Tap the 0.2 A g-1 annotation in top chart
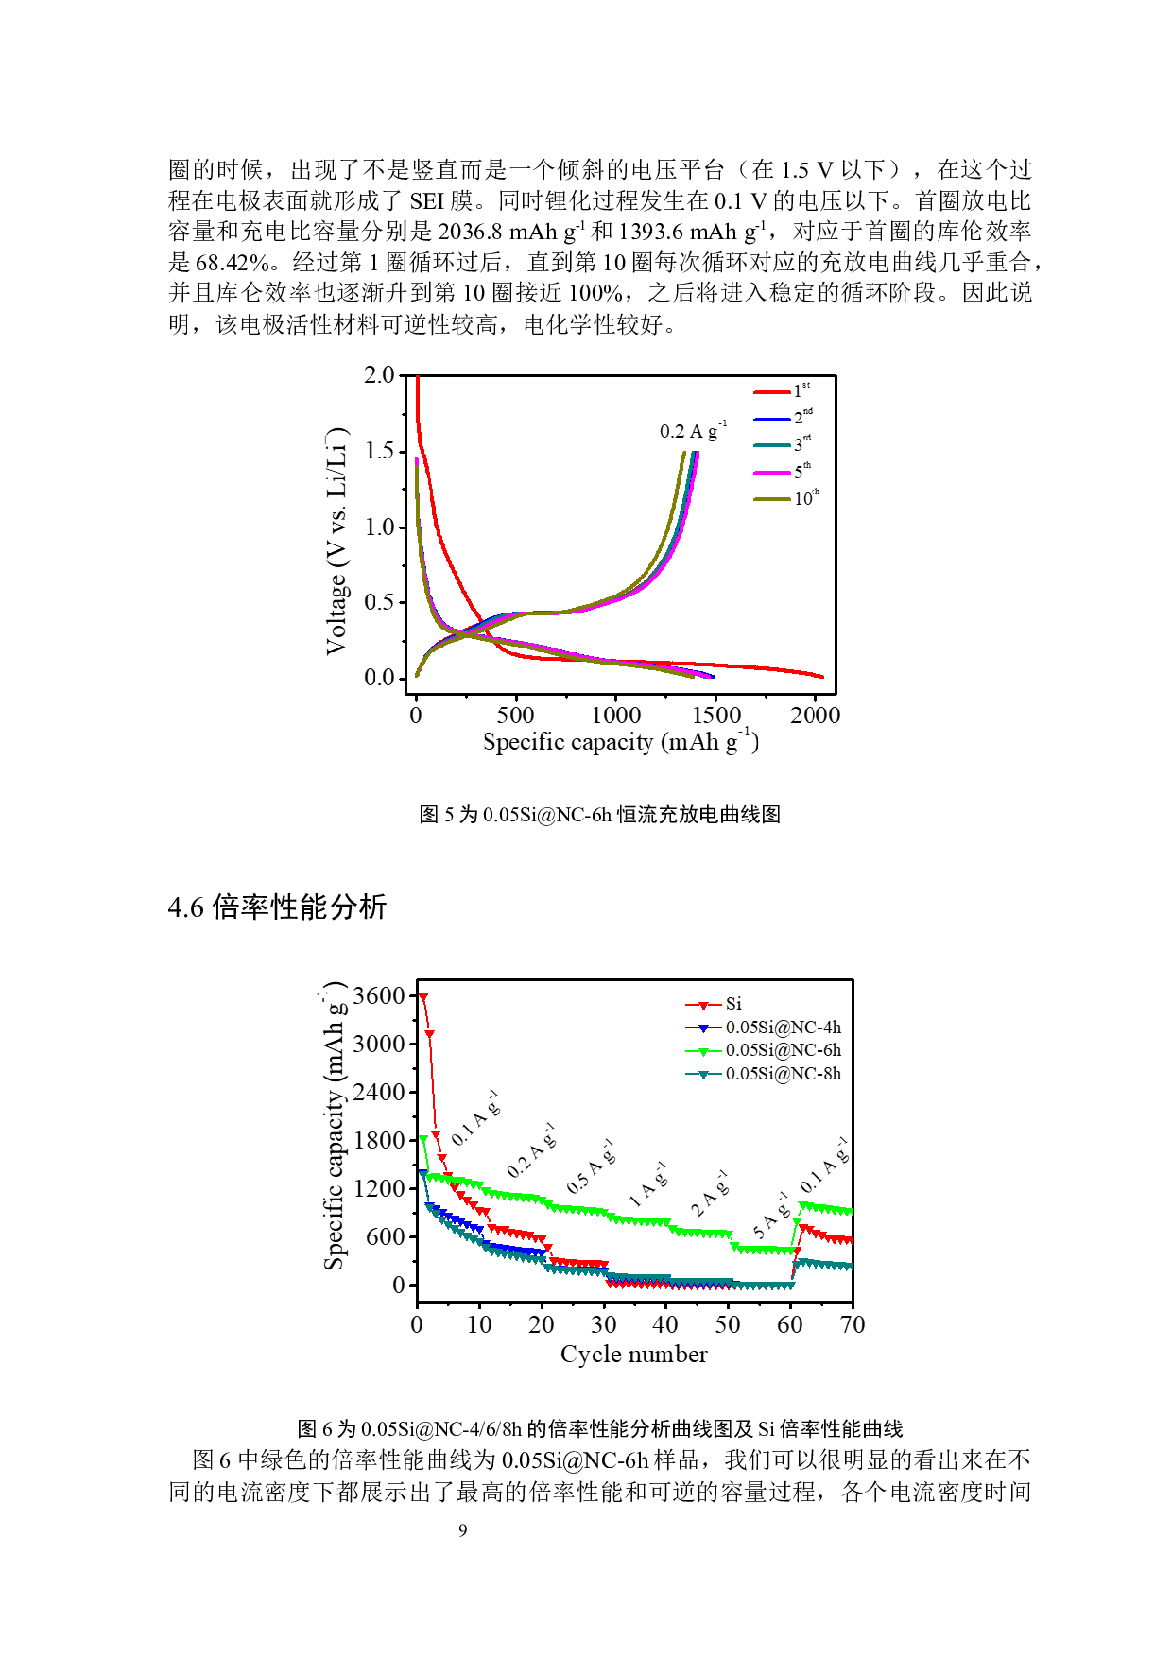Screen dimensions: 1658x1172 pos(693,431)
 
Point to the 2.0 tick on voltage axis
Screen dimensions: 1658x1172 pos(379,375)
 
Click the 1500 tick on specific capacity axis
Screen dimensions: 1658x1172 pos(716,716)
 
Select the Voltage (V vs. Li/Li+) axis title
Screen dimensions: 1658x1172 pos(336,541)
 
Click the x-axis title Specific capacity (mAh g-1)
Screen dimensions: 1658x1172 pos(621,742)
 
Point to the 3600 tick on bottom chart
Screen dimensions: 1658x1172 pos(378,995)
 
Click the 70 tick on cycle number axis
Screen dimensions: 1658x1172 pos(853,1325)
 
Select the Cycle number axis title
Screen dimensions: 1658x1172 pos(633,1355)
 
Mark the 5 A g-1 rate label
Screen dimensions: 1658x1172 pos(770,1218)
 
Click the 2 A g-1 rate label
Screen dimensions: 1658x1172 pos(710,1195)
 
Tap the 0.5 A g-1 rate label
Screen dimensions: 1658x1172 pos(591,1167)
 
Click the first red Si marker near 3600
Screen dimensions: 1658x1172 pos(423,997)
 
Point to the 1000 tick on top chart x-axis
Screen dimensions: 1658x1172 pos(616,716)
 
